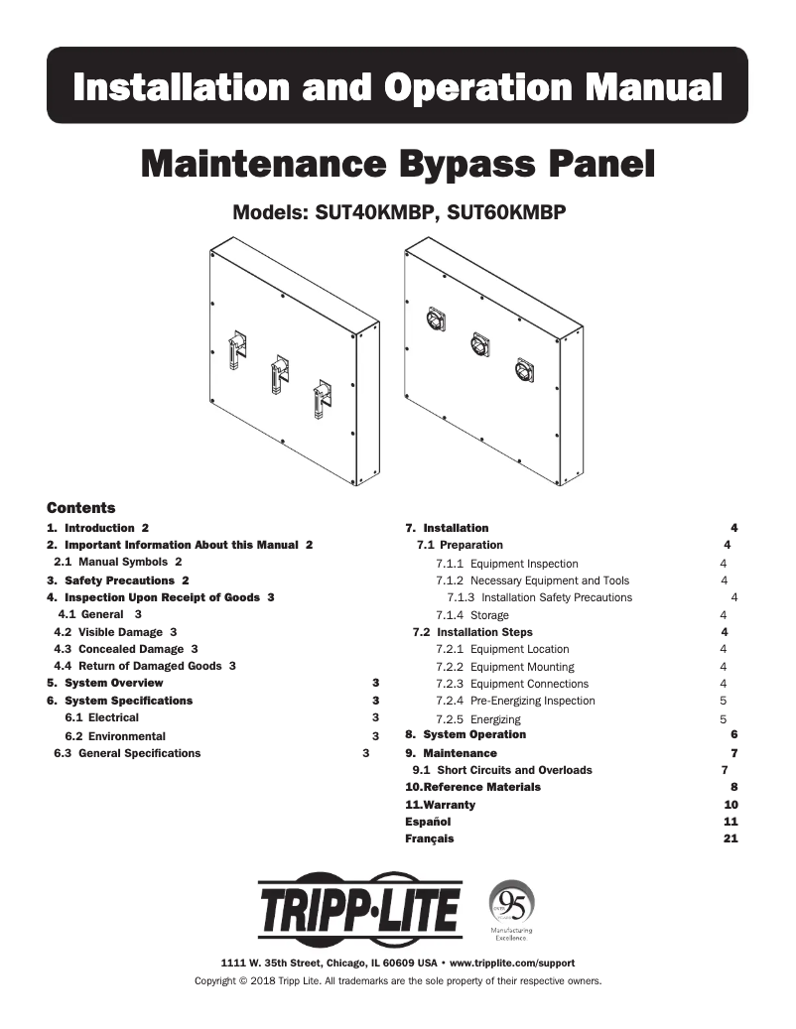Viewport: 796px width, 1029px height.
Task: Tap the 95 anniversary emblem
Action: pyautogui.click(x=512, y=902)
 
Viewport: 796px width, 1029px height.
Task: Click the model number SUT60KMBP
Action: pyautogui.click(x=506, y=212)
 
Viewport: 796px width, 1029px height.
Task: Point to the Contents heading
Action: pyautogui.click(x=81, y=508)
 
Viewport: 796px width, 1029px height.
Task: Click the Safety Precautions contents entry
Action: pyautogui.click(x=118, y=579)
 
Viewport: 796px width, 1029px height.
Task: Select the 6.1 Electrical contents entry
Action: pyautogui.click(x=101, y=717)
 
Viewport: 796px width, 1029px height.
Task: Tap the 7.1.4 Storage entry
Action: pyautogui.click(x=472, y=615)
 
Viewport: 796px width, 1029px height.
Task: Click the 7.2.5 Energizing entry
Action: pyautogui.click(x=477, y=718)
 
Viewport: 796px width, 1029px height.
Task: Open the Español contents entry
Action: pyautogui.click(x=428, y=822)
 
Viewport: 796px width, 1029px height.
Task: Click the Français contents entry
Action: pyautogui.click(x=430, y=838)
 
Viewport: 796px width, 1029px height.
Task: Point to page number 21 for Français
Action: pyautogui.click(x=730, y=838)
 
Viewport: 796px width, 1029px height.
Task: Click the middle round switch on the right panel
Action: pyautogui.click(x=480, y=344)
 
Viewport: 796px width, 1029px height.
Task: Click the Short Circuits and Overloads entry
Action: pyautogui.click(x=514, y=770)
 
